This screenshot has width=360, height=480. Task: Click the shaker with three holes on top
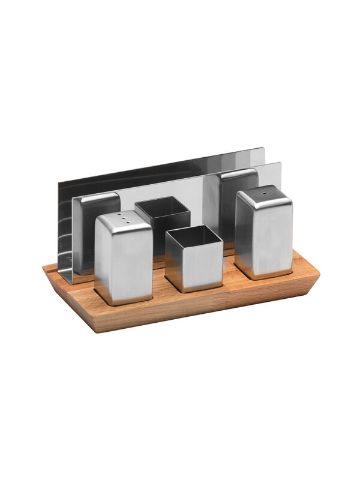[123, 258]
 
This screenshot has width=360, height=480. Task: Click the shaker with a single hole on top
[263, 234]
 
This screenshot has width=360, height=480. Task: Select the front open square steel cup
[194, 258]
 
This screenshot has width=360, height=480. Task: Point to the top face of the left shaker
[124, 220]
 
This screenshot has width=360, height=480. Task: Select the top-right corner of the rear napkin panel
[262, 149]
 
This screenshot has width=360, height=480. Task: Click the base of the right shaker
[263, 275]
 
